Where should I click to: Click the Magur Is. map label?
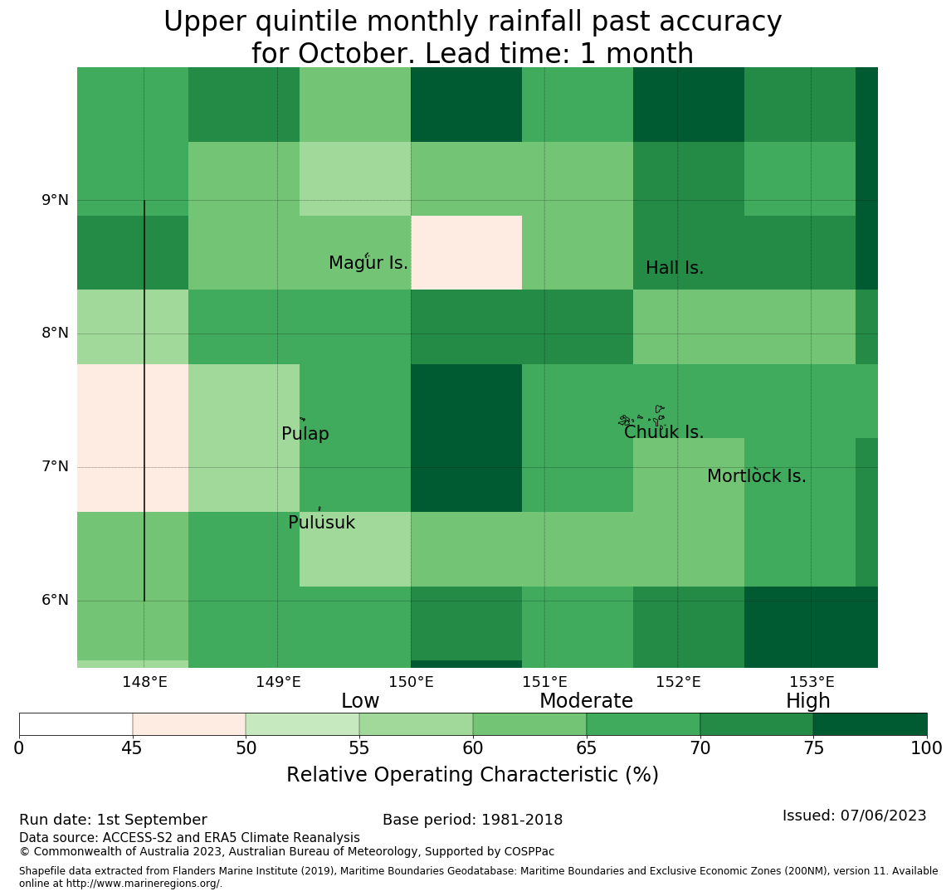pos(368,263)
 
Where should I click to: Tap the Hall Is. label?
pos(675,268)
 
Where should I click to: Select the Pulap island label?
pos(305,434)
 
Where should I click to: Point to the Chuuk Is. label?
pos(664,432)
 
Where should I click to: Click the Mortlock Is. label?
pos(757,476)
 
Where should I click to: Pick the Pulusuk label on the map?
pos(322,523)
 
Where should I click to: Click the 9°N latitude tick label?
pos(55,200)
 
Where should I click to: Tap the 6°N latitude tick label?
pos(55,601)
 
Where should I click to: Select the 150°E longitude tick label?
pos(412,682)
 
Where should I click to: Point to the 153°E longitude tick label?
pos(812,682)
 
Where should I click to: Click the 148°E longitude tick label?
pos(144,682)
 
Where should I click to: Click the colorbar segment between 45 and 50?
pos(189,724)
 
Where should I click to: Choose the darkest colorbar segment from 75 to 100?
pos(870,724)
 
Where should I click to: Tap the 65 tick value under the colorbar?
pos(587,748)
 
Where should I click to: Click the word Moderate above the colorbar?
pos(586,700)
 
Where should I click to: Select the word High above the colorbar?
pos(808,700)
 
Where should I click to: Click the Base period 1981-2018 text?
pos(472,820)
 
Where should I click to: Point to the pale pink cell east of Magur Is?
pos(466,253)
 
